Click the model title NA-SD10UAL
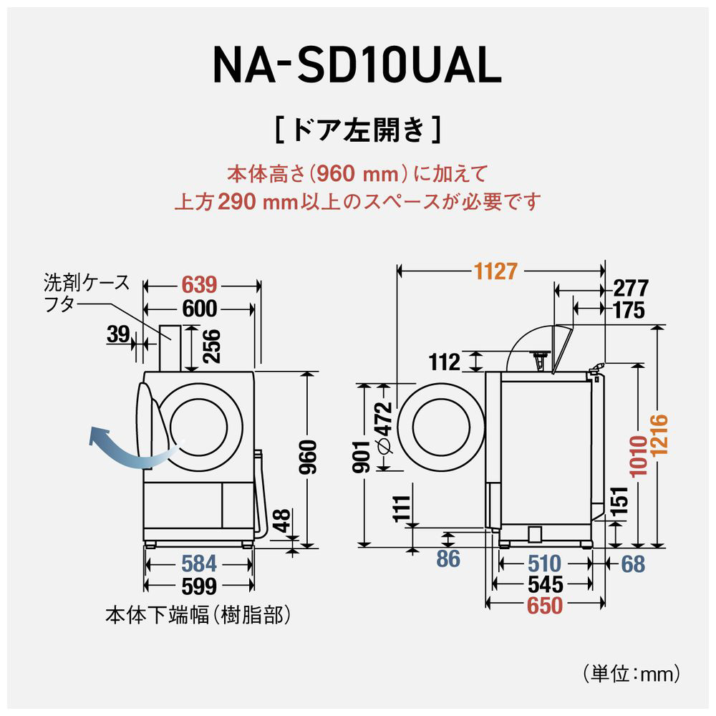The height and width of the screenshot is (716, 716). point(356,67)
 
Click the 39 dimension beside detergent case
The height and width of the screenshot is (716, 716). point(120,334)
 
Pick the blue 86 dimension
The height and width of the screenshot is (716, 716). point(447,558)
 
